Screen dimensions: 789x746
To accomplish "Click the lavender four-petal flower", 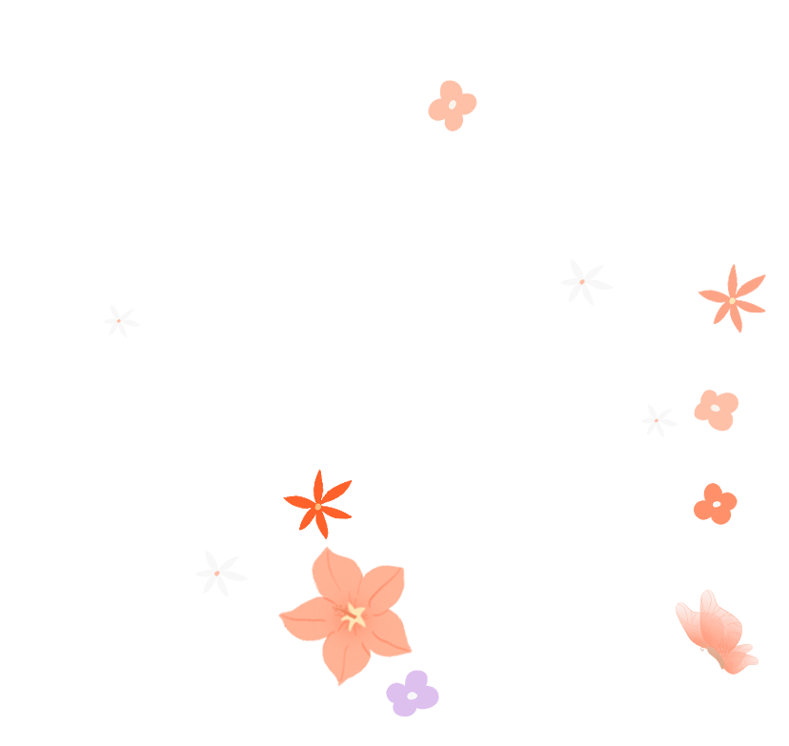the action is tap(413, 693).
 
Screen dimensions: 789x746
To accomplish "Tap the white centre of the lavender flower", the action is tap(412, 696).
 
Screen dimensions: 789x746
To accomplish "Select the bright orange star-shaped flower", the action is tap(318, 504).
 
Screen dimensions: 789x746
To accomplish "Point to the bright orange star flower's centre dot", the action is tap(318, 505).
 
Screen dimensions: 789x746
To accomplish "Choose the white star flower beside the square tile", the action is tap(220, 574).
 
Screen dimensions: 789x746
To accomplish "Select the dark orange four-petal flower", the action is tap(715, 504).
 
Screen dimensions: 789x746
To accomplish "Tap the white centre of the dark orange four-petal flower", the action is tap(717, 503).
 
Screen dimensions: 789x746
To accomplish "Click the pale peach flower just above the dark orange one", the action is tap(716, 410).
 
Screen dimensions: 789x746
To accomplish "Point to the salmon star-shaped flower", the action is tap(732, 299).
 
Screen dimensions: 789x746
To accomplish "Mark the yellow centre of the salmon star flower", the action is tap(732, 300).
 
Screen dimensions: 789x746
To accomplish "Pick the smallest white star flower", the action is tap(657, 419).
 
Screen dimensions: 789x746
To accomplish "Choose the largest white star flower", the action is tap(584, 282).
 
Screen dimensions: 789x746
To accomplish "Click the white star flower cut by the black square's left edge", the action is tap(119, 321).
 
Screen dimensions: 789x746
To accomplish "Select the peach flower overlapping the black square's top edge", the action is tap(452, 105).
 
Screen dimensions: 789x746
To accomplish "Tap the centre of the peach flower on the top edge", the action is tap(452, 105).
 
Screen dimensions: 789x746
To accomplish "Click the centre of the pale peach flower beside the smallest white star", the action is tap(715, 408).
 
